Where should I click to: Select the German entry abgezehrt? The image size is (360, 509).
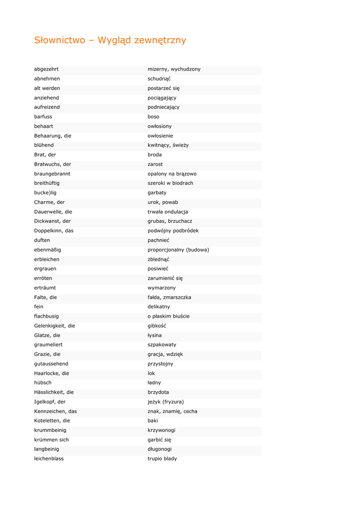click(46, 69)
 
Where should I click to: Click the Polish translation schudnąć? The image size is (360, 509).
click(159, 79)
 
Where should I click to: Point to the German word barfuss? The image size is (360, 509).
click(43, 117)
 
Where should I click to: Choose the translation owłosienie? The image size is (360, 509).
click(160, 136)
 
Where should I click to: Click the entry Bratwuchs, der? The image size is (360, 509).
click(52, 164)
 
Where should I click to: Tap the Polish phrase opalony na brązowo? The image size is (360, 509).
click(172, 174)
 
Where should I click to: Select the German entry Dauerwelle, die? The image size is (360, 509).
click(53, 212)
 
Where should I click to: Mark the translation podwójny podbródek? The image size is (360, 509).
click(173, 231)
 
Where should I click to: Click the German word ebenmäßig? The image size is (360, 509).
click(48, 250)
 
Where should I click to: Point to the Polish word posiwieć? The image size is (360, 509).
click(158, 269)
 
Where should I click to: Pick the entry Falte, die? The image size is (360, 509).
click(45, 297)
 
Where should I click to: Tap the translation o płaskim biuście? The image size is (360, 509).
click(169, 316)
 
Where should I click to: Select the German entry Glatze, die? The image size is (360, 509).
click(47, 336)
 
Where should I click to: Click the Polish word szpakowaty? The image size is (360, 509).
click(162, 344)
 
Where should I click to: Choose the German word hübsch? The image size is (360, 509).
click(43, 383)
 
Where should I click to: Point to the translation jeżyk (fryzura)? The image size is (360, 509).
click(166, 402)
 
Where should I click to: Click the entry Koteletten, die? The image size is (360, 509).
click(52, 421)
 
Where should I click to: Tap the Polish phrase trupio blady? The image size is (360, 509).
click(162, 459)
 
